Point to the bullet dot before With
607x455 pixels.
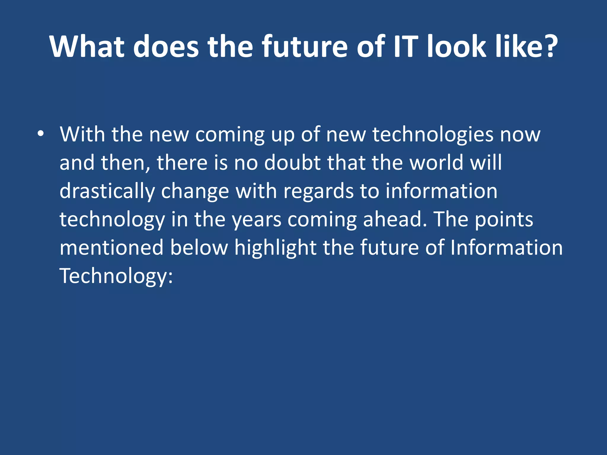41,134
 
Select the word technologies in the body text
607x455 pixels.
433,135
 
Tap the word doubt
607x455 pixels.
292,163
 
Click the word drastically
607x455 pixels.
107,191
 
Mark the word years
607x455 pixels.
256,220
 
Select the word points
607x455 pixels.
504,220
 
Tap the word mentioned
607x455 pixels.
111,248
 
